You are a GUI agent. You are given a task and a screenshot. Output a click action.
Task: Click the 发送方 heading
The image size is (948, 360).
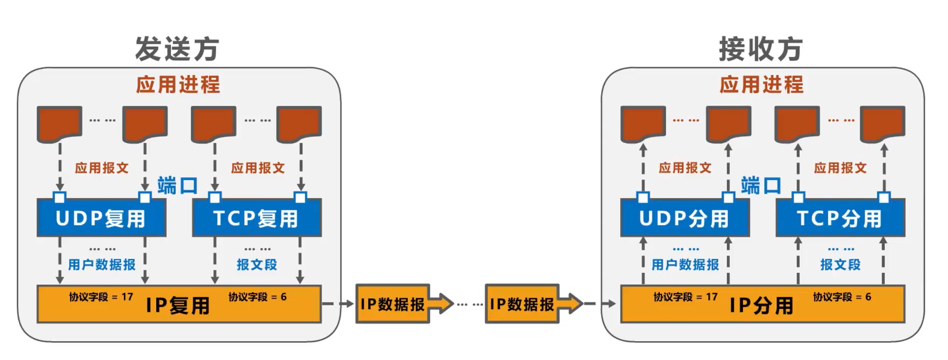177,49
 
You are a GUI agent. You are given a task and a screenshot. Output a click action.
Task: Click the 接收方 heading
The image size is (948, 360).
761,49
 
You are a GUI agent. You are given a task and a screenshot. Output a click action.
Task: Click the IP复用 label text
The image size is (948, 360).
178,306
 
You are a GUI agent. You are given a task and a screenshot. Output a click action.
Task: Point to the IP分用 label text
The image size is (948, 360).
761,306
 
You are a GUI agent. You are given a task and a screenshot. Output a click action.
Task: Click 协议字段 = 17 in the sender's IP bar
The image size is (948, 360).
101,297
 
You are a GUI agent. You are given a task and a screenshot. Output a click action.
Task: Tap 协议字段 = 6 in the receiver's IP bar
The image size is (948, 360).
842,297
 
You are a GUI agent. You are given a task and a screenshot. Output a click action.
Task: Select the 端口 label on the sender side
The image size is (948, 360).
178,186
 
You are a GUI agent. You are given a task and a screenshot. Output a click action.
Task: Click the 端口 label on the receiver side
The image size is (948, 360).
761,186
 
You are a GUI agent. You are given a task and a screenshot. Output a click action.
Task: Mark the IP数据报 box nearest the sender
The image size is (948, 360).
393,304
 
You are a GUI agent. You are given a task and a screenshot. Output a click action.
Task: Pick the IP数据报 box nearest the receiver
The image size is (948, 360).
522,304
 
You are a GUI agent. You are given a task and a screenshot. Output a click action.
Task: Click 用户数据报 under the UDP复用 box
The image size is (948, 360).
102,265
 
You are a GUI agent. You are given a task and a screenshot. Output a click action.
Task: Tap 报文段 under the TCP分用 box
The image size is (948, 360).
840,265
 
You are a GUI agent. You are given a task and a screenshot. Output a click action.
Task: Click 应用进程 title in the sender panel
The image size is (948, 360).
178,85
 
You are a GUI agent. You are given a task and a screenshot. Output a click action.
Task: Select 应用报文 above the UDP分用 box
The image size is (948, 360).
685,168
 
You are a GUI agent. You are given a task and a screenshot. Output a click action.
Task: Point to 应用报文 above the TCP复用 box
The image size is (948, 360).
258,168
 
